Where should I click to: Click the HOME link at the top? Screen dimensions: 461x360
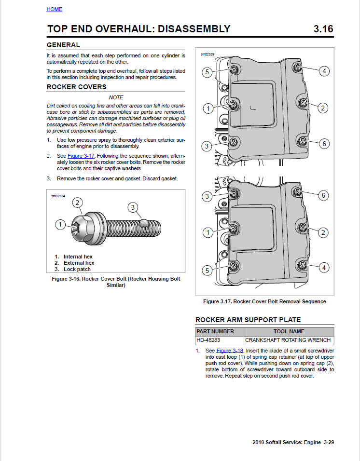click(55, 9)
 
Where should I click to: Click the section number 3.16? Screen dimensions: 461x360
click(323, 29)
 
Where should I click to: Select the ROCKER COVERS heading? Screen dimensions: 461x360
click(76, 87)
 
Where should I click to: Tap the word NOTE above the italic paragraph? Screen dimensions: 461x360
click(116, 97)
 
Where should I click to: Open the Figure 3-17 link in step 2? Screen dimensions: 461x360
click(82, 156)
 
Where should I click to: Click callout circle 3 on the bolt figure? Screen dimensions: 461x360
click(133, 207)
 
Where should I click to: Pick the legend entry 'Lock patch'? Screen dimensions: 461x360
click(77, 269)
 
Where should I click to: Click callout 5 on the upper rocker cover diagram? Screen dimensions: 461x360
click(207, 72)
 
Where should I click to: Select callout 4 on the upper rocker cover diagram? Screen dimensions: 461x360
click(324, 71)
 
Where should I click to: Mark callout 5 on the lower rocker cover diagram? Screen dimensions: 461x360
click(207, 271)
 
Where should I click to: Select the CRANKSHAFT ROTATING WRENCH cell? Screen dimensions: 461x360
click(288, 340)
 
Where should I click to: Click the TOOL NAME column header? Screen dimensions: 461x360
click(289, 331)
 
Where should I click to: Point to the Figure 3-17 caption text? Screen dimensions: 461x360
click(264, 301)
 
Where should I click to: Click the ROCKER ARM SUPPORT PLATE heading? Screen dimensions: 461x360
click(248, 320)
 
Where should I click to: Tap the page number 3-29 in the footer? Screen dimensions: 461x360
click(329, 442)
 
